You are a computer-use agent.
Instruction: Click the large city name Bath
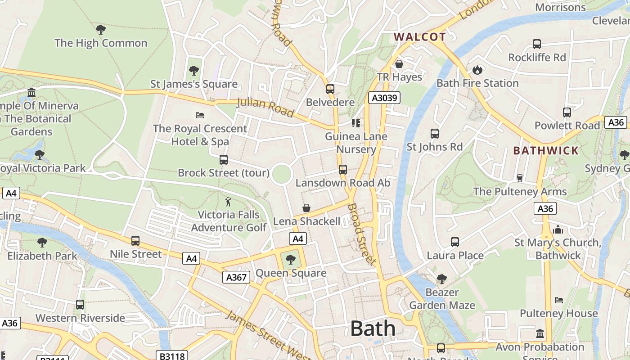[373, 328]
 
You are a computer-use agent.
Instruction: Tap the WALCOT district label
[419, 37]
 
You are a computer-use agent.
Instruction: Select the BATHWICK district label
[546, 150]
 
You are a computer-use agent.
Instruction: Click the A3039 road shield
[384, 98]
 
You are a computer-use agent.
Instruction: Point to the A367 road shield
[236, 277]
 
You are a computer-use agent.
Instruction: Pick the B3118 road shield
[172, 356]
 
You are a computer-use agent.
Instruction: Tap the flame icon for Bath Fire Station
[477, 70]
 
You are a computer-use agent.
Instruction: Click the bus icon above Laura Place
[455, 242]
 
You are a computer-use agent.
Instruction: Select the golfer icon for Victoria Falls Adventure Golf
[229, 201]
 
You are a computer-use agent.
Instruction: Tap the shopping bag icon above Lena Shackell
[306, 207]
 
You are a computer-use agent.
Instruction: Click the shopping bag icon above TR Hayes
[399, 63]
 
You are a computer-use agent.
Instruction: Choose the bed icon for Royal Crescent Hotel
[200, 115]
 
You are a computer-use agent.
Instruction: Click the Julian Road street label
[265, 108]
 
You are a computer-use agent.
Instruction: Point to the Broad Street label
[361, 234]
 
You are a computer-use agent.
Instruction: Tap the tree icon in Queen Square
[291, 259]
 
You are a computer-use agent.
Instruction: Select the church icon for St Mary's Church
[558, 229]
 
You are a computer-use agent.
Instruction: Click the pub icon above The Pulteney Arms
[520, 178]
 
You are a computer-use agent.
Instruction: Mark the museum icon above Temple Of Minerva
[31, 93]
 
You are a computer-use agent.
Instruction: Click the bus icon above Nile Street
[135, 241]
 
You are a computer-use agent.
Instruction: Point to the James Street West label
[268, 335]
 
